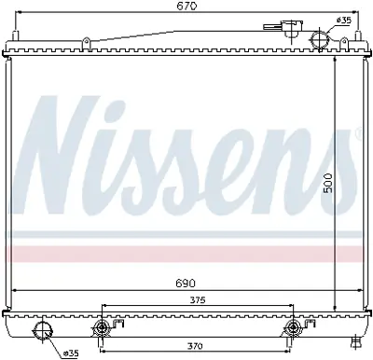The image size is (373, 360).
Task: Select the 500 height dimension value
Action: [x=326, y=187]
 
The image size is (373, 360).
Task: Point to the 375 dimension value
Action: [x=197, y=299]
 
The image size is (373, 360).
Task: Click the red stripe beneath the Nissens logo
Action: [x=186, y=253]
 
